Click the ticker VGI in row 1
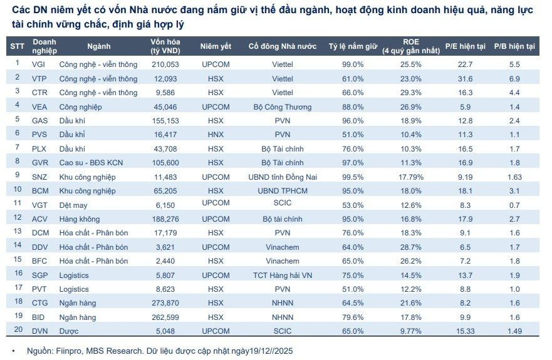pyautogui.click(x=39, y=64)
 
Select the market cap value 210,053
pyautogui.click(x=165, y=64)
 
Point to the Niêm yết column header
pyautogui.click(x=216, y=46)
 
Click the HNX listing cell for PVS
pyautogui.click(x=216, y=134)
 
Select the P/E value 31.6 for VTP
pyautogui.click(x=465, y=79)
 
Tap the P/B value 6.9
pyautogui.click(x=514, y=79)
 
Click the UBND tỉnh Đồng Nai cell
pyautogui.click(x=283, y=177)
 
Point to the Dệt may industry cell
pyautogui.click(x=75, y=205)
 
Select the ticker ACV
pyautogui.click(x=39, y=219)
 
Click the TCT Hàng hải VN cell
pyautogui.click(x=283, y=275)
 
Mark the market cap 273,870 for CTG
pyautogui.click(x=165, y=303)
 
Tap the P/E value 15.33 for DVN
pyautogui.click(x=465, y=331)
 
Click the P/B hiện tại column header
pyautogui.click(x=514, y=46)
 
